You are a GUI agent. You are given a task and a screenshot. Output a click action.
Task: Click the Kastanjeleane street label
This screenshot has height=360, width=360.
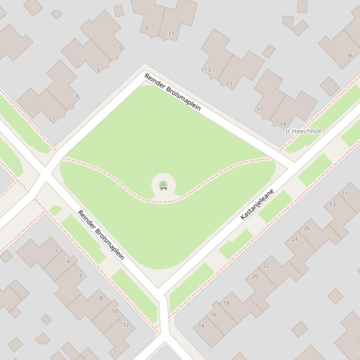tap(257, 204)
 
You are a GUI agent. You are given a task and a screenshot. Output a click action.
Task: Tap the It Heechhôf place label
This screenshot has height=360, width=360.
tap(303, 131)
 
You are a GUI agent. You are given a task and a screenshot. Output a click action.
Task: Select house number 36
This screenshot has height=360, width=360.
tap(350, 56)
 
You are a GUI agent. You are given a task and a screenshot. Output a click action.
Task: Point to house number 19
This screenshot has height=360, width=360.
tap(282, 125)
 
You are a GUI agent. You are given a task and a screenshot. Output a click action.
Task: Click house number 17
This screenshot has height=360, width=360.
tap(260, 109)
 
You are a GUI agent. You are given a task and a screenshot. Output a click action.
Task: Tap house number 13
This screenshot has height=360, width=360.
tap(207, 70)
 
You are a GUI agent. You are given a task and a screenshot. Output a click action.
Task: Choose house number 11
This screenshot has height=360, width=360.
tap(171, 34)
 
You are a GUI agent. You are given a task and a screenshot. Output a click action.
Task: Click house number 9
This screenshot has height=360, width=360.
tap(146, 29)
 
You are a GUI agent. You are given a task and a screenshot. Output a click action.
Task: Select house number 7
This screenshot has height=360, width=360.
tap(120, 49)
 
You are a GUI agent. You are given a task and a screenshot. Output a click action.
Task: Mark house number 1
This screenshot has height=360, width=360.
tap(54, 119)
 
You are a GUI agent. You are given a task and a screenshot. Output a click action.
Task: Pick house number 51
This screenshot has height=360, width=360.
tap(345, 194)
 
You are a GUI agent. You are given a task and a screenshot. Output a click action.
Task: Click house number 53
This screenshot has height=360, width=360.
tap(332, 205)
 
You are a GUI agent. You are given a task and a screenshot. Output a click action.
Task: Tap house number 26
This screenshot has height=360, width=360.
tap(307, 229)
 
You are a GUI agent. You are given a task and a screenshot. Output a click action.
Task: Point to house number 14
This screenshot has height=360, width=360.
tap(201, 326)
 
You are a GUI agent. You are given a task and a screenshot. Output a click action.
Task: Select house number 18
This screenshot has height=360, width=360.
tap(226, 303)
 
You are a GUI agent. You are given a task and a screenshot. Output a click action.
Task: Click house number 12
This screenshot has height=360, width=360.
tap(126, 325)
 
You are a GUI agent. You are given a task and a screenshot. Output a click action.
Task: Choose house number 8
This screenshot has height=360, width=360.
tap(101, 298)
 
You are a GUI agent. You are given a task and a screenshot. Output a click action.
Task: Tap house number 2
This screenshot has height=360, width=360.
tap(57, 250)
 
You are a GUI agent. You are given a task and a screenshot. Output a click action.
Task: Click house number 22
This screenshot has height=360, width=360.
tap(266, 266)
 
